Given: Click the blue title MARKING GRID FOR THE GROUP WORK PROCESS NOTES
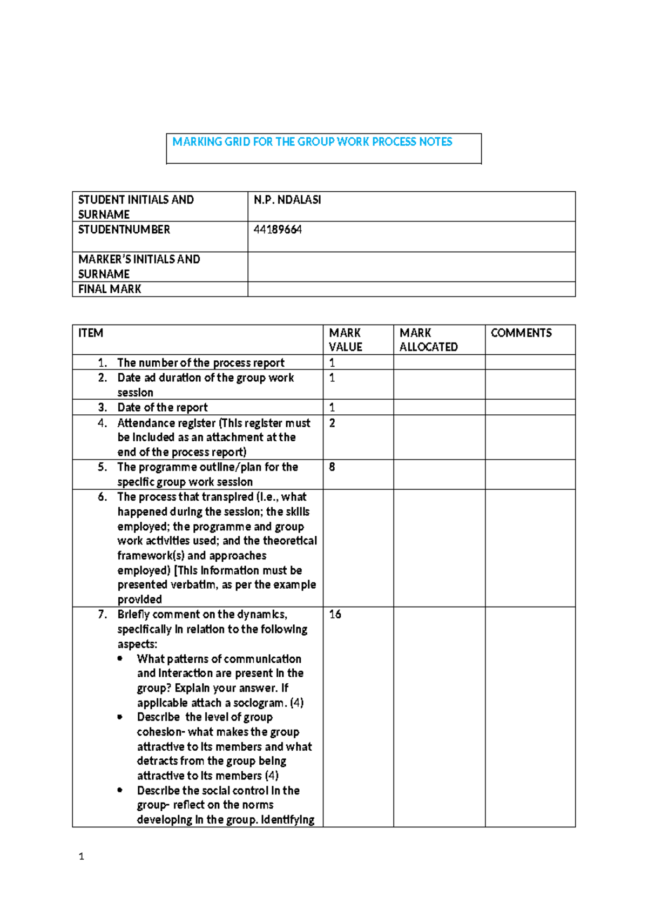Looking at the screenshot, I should coord(312,142).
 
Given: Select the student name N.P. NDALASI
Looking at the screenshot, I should coord(287,200).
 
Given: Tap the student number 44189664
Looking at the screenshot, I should coord(278,230).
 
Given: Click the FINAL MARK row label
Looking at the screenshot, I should coord(110,289).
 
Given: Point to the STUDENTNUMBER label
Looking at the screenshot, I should coord(124,230).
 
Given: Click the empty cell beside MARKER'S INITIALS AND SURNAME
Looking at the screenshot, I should coord(411,266).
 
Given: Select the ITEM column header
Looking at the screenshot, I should coord(91,333).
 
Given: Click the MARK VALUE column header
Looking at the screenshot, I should coord(345,340).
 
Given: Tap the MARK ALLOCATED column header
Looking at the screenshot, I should coord(428,340).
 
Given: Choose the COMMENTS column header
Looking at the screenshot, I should coord(521,333).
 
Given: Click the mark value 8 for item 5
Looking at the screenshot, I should coord(332,467).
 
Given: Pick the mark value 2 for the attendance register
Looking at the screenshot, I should coord(332,423).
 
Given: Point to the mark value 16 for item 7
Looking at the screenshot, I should coord(335,614).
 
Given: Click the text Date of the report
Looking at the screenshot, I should coord(162,407).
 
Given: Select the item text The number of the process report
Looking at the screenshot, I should coord(200,362).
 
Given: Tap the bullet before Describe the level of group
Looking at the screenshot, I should coord(120,717).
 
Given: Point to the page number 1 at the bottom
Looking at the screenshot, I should coord(81,856).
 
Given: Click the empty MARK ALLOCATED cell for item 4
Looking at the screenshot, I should coord(438,437).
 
